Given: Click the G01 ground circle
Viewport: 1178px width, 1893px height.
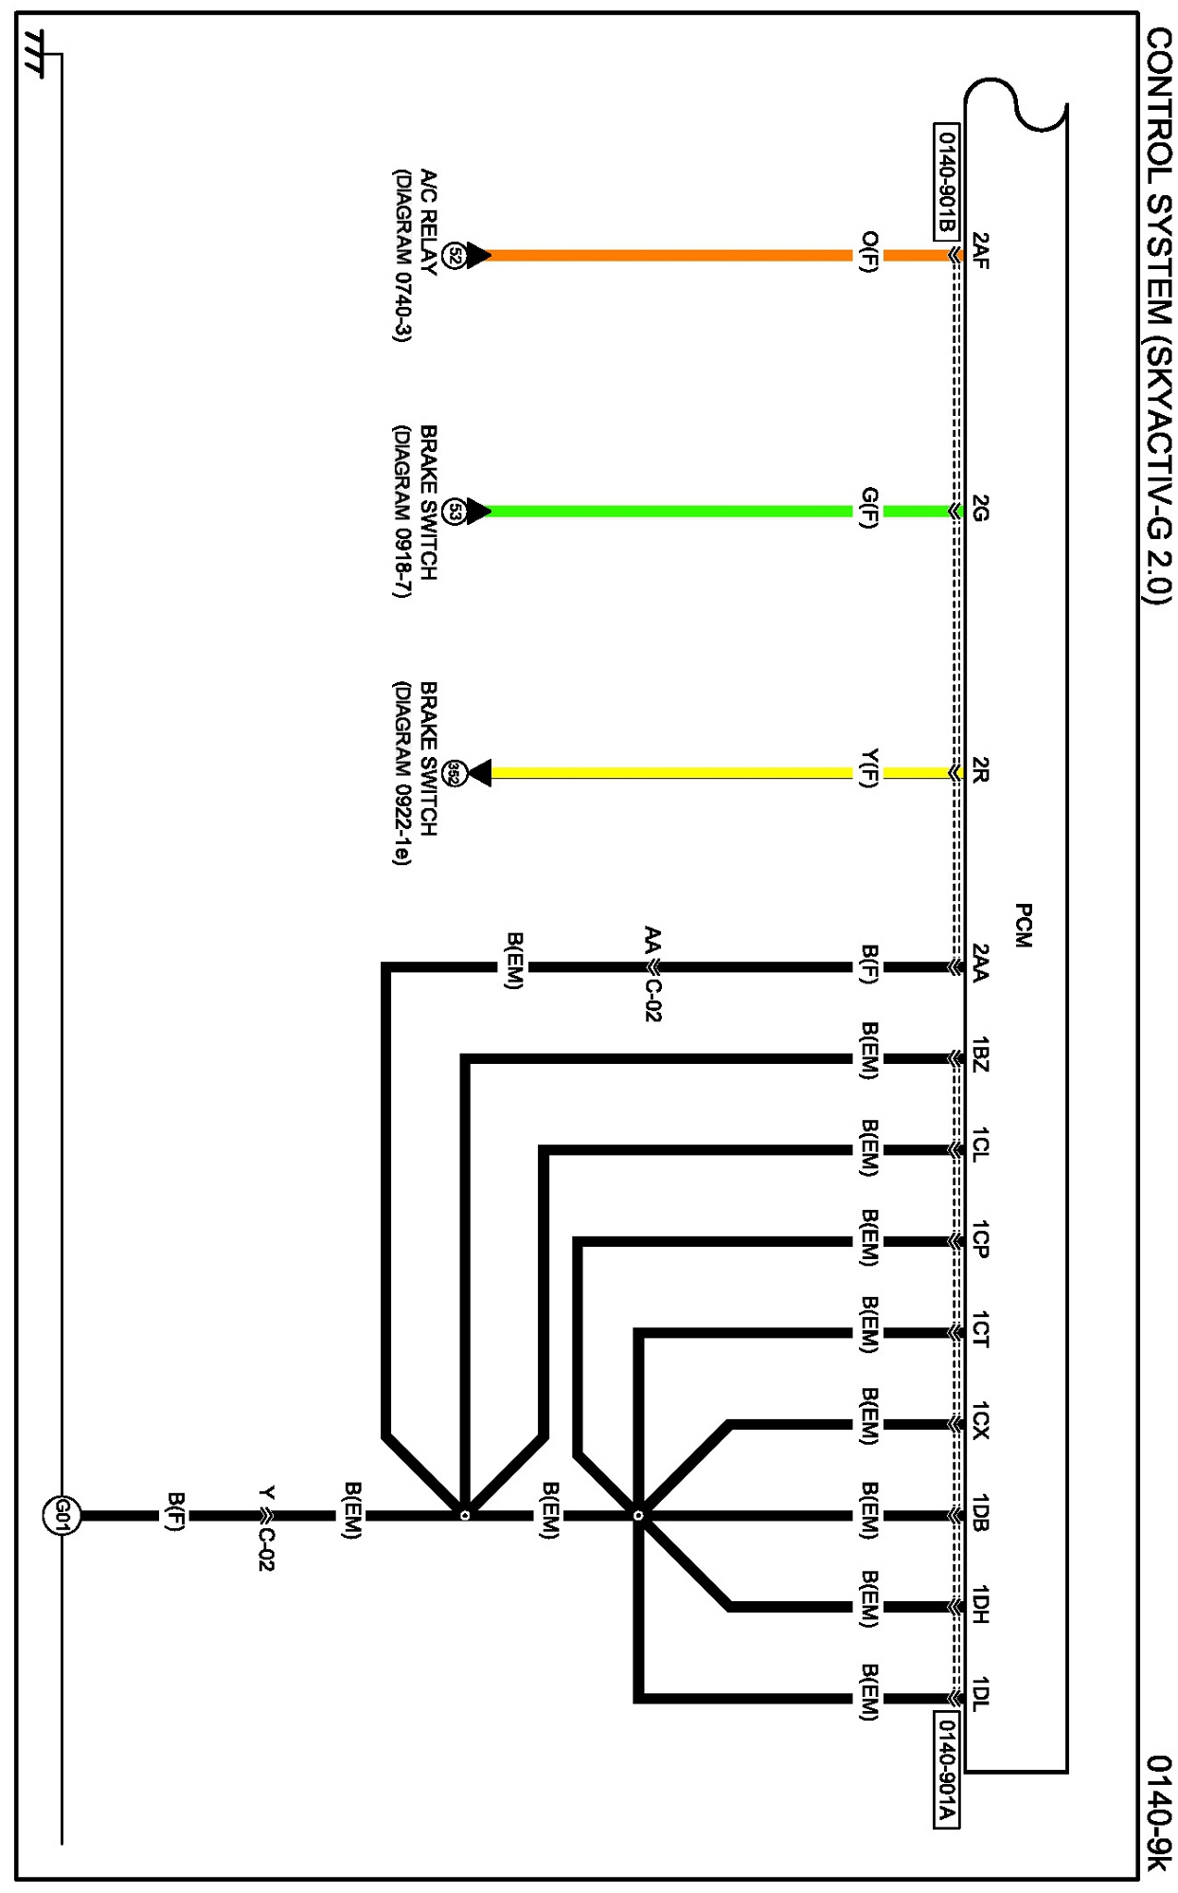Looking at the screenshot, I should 62,1515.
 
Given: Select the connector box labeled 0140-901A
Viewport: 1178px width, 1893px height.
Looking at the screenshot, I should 946,1769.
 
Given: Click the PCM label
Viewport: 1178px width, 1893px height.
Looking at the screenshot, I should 1023,926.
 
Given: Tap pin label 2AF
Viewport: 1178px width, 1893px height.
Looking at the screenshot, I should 981,251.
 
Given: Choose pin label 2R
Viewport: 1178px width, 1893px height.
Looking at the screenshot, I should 981,769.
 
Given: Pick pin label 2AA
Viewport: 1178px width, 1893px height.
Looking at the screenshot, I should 981,963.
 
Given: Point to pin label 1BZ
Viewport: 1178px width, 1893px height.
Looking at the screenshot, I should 981,1055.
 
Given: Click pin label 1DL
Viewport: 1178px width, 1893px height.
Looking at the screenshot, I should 981,1693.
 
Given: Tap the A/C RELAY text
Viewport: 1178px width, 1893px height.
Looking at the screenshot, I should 428,223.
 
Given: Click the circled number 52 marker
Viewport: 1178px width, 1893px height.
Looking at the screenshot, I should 455,255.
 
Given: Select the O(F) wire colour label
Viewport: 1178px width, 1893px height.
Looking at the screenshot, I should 869,251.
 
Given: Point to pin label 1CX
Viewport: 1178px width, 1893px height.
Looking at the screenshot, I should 981,1420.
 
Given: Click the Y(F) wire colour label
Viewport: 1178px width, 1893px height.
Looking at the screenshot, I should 869,768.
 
